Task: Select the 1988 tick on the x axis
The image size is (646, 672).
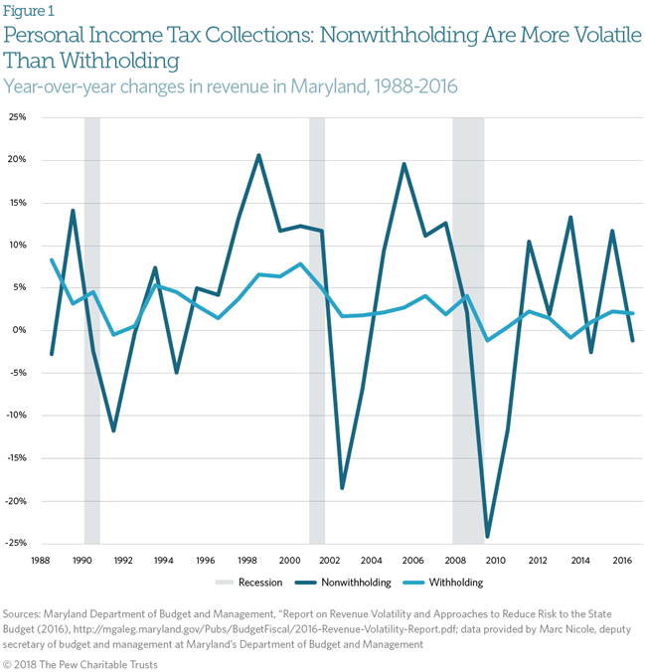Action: [41, 560]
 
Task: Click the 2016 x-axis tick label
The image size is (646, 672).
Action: [622, 560]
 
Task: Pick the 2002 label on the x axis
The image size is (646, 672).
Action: [331, 560]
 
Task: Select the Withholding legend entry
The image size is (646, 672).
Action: [456, 583]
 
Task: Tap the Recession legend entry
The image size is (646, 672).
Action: [259, 583]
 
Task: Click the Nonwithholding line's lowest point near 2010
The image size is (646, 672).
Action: [487, 537]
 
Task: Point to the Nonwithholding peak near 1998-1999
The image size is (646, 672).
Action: [258, 155]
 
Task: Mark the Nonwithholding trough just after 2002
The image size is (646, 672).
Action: [342, 488]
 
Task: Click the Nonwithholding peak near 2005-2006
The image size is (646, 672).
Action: [404, 164]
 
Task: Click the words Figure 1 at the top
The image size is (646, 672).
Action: [29, 12]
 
